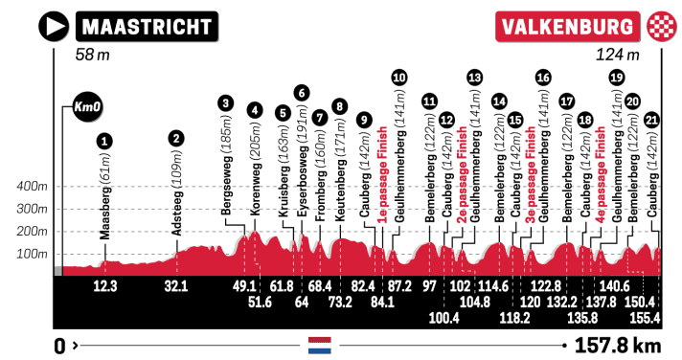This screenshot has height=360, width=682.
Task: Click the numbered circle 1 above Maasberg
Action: pos(103,140)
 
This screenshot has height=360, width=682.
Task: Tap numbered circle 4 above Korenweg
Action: pos(254,109)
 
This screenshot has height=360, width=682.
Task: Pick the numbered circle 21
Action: pos(652,120)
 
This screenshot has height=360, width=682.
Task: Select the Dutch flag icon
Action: pos(319,345)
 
